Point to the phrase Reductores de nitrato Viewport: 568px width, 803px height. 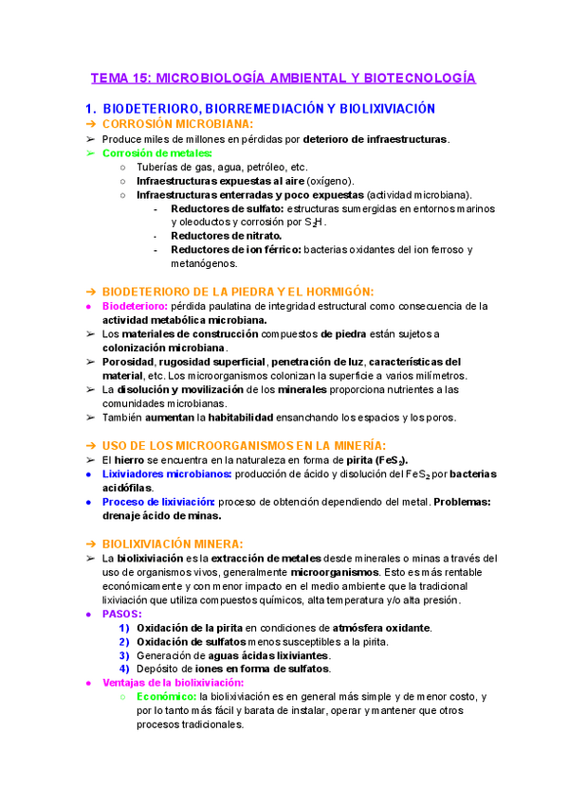(226, 235)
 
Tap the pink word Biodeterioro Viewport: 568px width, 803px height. (134, 306)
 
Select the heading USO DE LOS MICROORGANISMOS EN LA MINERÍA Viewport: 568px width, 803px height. (244, 445)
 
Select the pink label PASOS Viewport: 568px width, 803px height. (121, 614)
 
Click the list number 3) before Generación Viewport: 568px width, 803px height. (124, 654)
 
